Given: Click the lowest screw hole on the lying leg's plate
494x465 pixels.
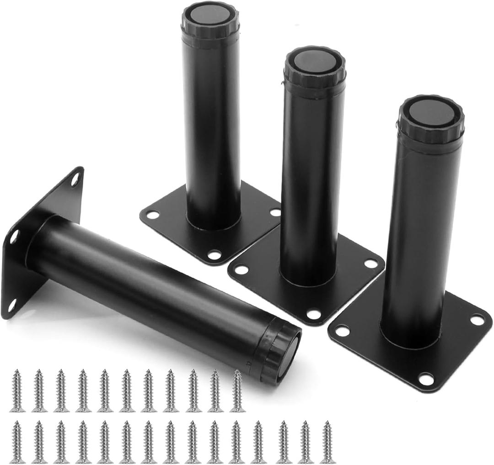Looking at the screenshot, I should point(12,305).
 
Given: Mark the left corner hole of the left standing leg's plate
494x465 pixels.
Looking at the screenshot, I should point(152,214).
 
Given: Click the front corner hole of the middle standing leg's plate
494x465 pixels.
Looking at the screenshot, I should point(313,315).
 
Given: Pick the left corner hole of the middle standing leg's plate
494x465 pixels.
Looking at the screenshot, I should point(241,269).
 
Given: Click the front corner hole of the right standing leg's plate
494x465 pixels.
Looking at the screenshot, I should point(426,379).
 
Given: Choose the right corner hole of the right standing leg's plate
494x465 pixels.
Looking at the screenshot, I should point(477,320).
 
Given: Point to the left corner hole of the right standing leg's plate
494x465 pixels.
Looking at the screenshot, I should point(342,330).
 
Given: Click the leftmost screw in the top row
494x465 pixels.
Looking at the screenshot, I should point(17,391).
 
